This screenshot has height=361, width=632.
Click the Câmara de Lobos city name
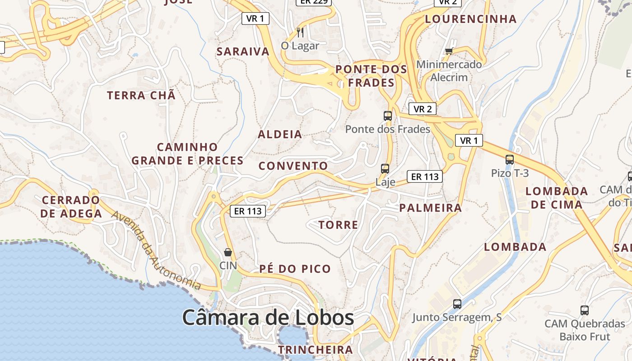click(x=268, y=318)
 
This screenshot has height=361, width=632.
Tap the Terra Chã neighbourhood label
click(x=141, y=96)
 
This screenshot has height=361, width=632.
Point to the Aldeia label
click(x=280, y=134)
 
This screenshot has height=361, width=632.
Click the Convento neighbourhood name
click(x=293, y=166)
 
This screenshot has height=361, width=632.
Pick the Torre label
click(x=338, y=225)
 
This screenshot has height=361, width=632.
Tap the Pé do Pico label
click(x=295, y=269)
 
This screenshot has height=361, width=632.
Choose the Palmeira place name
click(x=431, y=208)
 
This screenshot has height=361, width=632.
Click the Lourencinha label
click(x=471, y=19)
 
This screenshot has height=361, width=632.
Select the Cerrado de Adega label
click(x=71, y=207)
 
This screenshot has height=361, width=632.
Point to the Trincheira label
click(x=315, y=350)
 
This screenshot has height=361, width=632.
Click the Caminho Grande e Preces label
click(x=187, y=154)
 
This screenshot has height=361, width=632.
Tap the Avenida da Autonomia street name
click(x=156, y=251)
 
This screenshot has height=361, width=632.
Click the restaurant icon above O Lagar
click(x=300, y=32)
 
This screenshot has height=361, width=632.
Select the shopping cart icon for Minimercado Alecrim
click(x=449, y=51)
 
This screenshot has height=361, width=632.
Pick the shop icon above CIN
click(x=228, y=252)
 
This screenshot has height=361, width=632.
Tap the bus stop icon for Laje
click(x=385, y=169)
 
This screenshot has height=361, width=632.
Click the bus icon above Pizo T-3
click(x=510, y=159)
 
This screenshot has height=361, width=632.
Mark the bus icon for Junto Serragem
click(x=457, y=304)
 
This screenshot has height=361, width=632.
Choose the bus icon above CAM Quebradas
click(x=585, y=310)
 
